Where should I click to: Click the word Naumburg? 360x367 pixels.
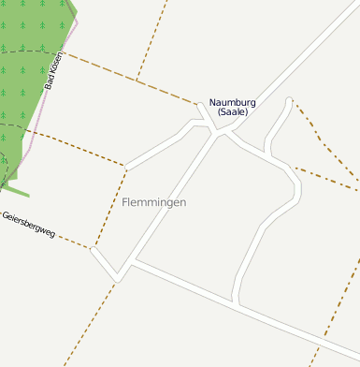pos(233,102)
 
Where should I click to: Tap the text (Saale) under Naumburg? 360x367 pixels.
pos(233,112)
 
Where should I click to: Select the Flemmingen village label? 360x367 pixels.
pos(153,202)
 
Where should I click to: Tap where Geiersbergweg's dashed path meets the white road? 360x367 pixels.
pos(93,249)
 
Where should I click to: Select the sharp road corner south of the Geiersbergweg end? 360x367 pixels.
pos(118,279)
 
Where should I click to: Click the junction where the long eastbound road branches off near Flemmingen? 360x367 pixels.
pos(132,265)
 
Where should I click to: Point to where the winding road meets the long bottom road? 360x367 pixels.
pos(238,303)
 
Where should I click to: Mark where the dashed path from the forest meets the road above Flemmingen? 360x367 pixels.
pos(125,167)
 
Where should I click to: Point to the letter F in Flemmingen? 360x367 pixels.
pos(125,202)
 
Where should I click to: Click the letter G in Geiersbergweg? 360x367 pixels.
pos(6,213)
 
